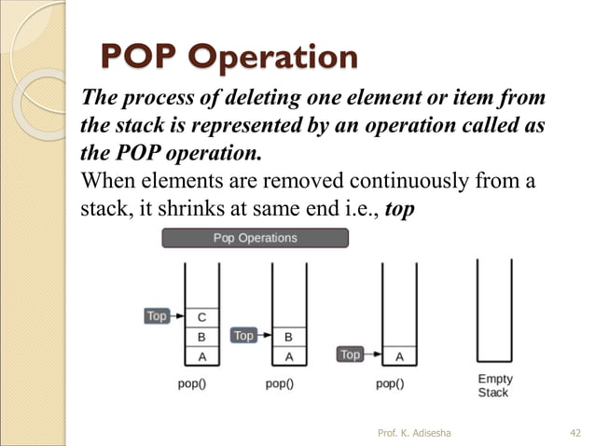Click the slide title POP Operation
tap(228, 56)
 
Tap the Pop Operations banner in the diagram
tap(255, 238)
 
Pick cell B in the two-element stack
tap(288, 336)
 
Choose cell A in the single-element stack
tap(399, 355)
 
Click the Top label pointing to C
tap(157, 316)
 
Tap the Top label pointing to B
tap(243, 335)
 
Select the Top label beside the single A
tap(350, 355)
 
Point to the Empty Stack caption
tap(494, 386)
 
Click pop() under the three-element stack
tap(192, 383)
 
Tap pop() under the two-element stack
tap(279, 383)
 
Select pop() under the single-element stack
tap(390, 383)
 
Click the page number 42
tap(574, 432)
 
